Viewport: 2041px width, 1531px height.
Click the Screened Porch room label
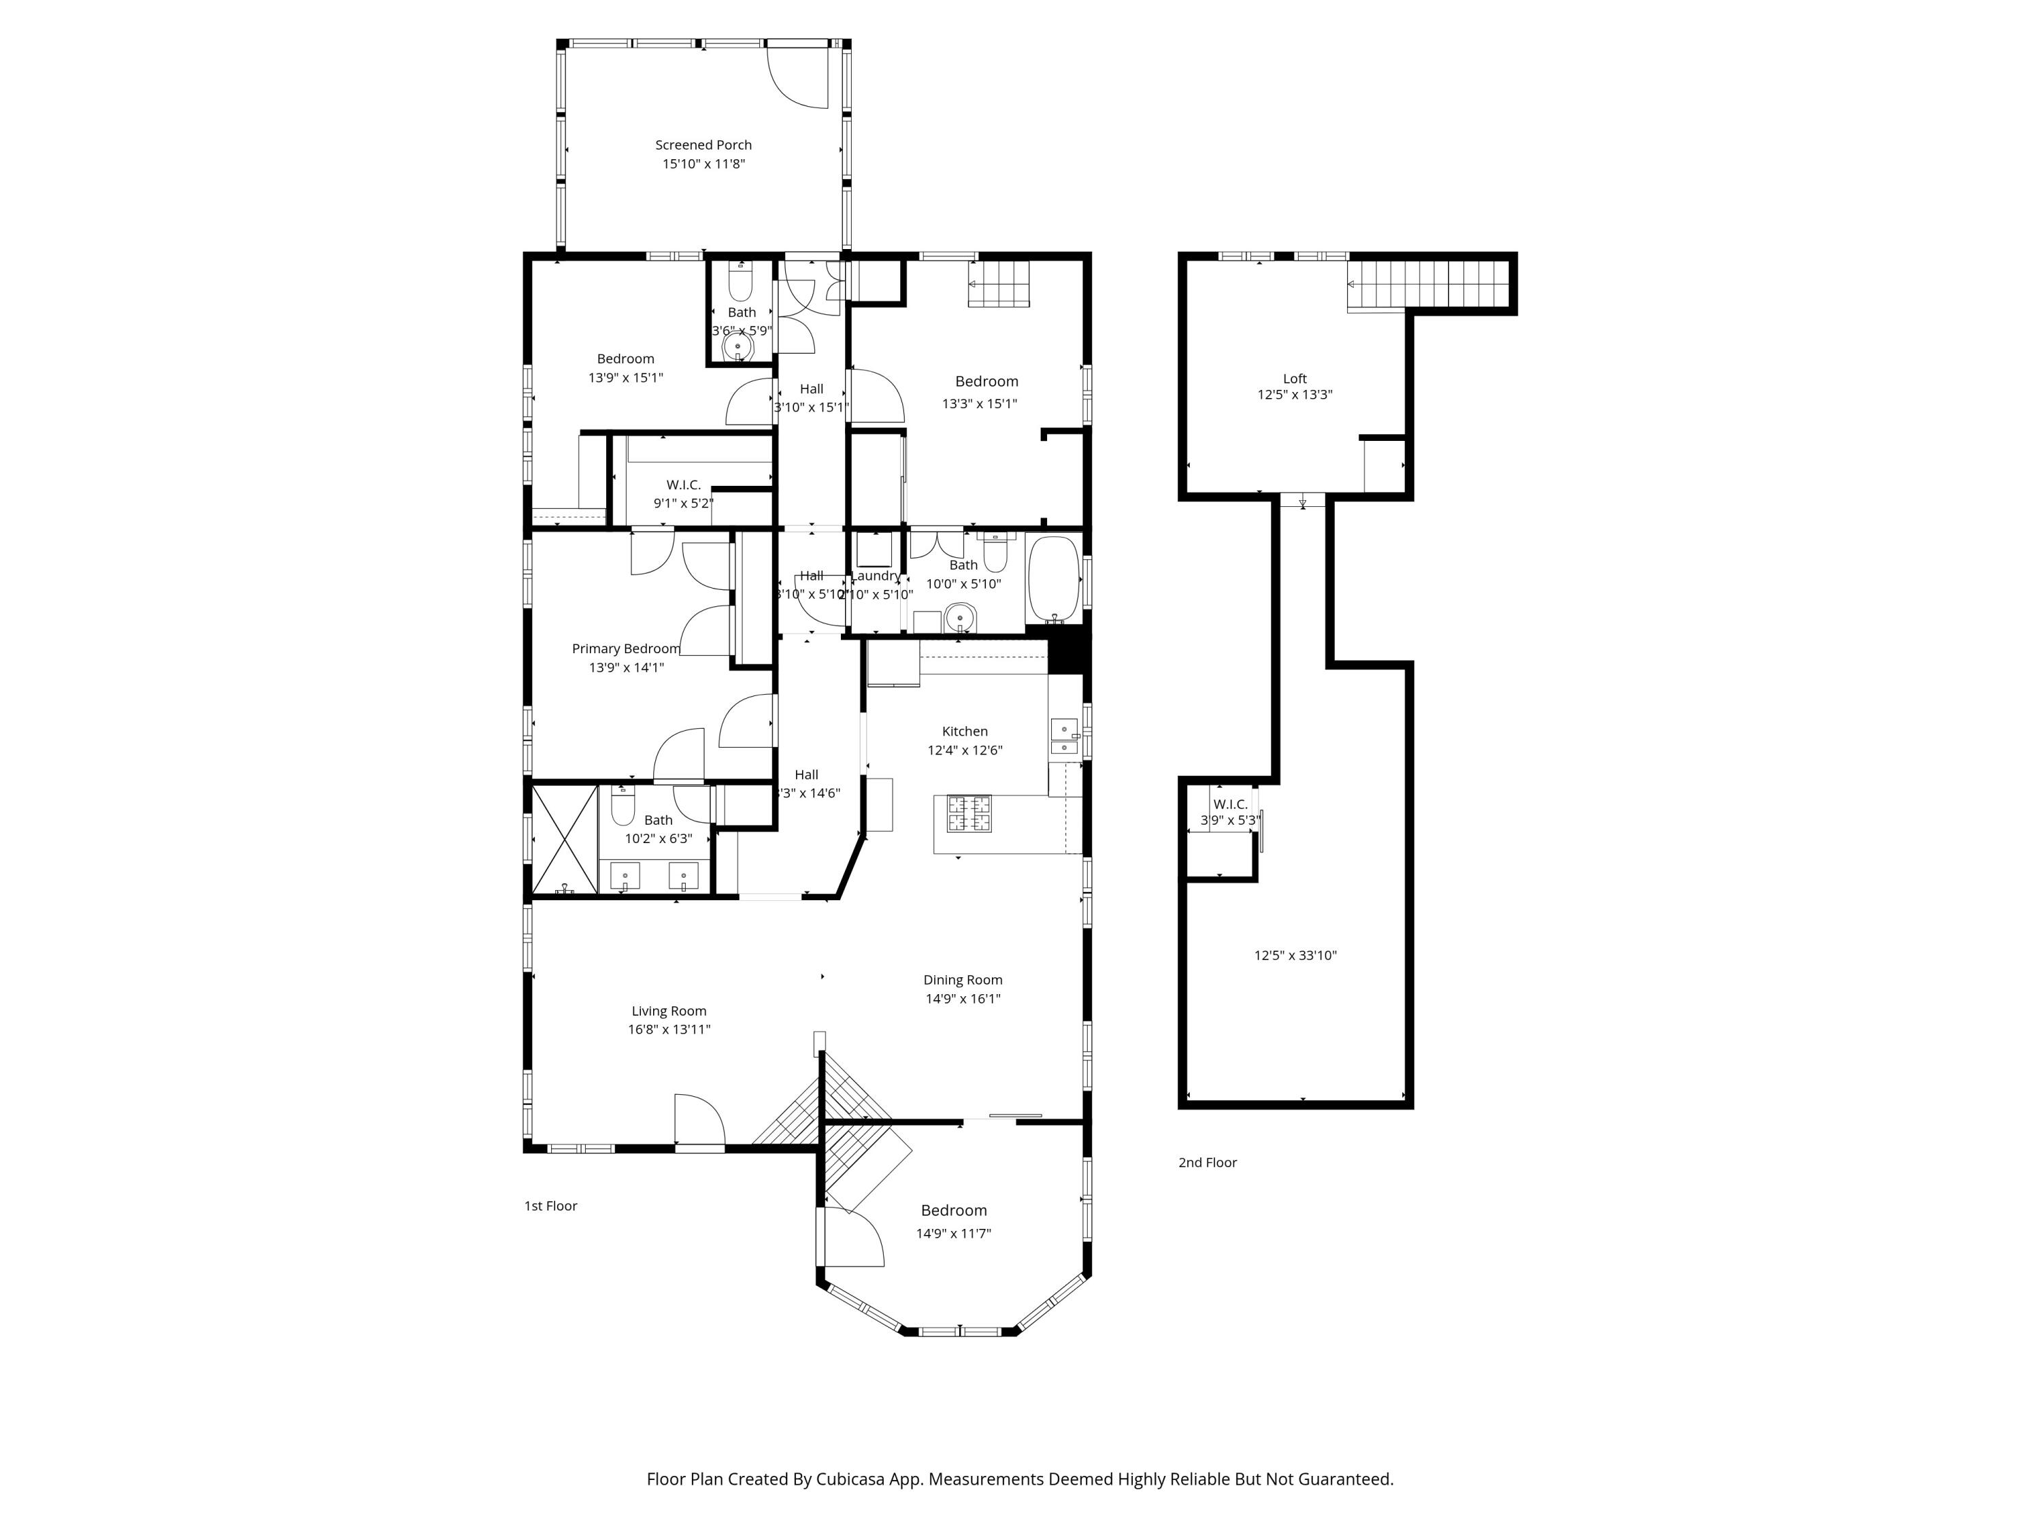coord(703,145)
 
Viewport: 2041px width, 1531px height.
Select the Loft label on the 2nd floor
coord(1295,378)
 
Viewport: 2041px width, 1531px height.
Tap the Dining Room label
coord(963,980)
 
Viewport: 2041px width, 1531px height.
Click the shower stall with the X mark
coord(565,839)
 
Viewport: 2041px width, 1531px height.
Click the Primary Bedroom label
coord(626,648)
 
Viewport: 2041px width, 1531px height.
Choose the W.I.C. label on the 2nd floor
coord(1230,804)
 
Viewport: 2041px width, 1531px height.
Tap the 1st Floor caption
coord(551,1206)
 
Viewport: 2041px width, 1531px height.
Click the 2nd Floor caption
coord(1207,1163)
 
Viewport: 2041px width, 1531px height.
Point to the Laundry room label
coord(875,576)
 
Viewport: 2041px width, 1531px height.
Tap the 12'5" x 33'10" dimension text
coord(1295,956)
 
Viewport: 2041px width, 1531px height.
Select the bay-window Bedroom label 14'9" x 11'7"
coord(953,1211)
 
